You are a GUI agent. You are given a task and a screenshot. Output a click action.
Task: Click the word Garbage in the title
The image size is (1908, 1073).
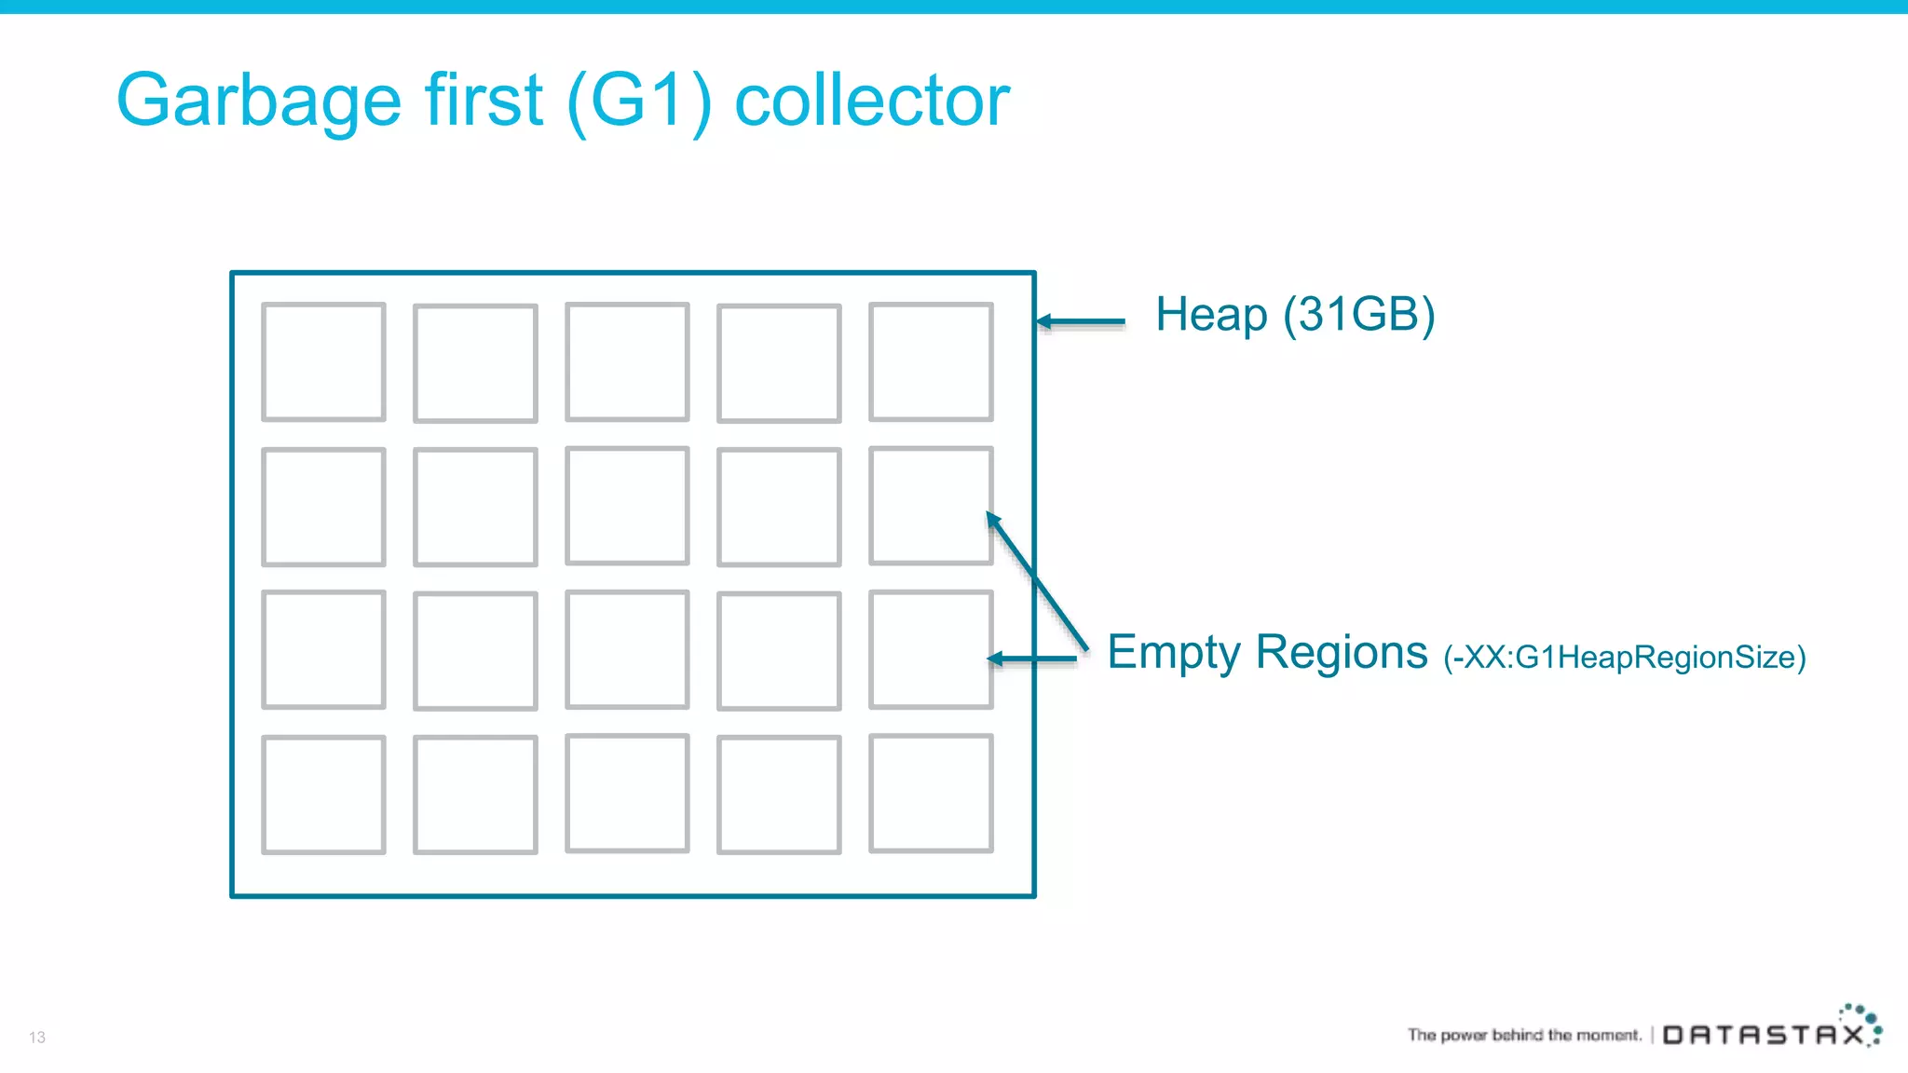[258, 101]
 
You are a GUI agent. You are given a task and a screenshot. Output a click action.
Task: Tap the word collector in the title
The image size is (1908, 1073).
[872, 101]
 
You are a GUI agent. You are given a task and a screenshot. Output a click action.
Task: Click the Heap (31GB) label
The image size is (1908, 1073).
[1295, 315]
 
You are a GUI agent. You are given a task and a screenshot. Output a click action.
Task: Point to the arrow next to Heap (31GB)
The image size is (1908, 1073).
[1081, 321]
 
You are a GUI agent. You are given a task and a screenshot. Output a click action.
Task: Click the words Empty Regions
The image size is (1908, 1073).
[1267, 652]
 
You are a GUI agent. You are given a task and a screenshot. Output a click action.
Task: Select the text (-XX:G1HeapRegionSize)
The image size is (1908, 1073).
[1625, 658]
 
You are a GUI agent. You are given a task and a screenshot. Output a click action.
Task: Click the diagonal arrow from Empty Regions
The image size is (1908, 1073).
[1037, 580]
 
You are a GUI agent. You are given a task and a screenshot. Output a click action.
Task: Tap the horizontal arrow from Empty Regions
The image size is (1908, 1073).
[1032, 659]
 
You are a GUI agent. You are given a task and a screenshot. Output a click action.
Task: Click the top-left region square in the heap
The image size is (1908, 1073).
[323, 362]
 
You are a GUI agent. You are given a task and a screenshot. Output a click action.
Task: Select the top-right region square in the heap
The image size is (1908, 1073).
[931, 362]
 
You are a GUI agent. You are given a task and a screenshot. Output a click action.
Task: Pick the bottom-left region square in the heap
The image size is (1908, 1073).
[323, 795]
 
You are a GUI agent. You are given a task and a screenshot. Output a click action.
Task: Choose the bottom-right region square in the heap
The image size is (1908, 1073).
[931, 794]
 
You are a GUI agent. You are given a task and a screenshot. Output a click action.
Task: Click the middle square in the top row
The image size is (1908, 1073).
[627, 362]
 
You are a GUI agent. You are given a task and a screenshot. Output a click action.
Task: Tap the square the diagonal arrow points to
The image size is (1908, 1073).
[931, 506]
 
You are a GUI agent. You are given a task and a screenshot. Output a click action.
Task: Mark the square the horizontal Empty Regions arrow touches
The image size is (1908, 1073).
[931, 650]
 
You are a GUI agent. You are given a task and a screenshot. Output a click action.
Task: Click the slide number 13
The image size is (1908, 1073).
[37, 1038]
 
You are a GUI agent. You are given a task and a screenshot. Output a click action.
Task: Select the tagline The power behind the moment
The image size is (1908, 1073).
[1524, 1035]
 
